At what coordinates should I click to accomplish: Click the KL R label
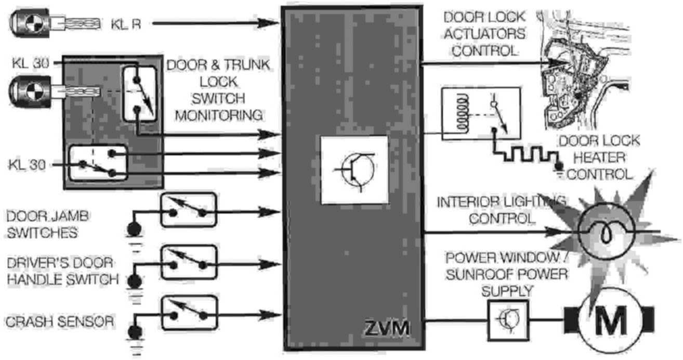[x=125, y=23]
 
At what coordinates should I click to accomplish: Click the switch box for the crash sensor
[x=188, y=313]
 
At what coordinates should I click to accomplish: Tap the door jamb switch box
[x=188, y=210]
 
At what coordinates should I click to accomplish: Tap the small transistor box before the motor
[x=508, y=319]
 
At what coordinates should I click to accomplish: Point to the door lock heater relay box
[x=479, y=114]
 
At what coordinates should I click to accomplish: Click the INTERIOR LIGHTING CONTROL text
[x=502, y=210]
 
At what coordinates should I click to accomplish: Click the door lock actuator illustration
[x=572, y=68]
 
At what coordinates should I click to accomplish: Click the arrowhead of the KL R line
[x=274, y=23]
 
